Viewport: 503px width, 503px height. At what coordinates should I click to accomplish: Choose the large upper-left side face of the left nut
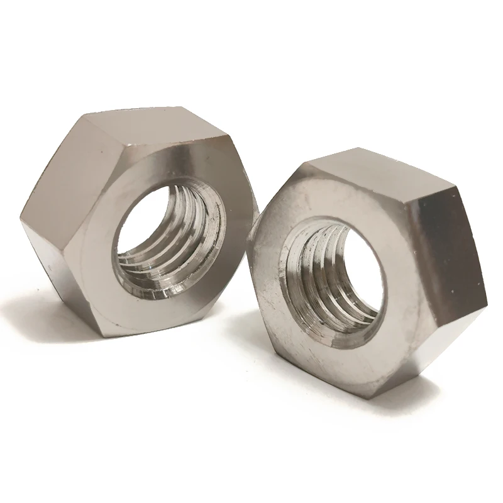[60, 170]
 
